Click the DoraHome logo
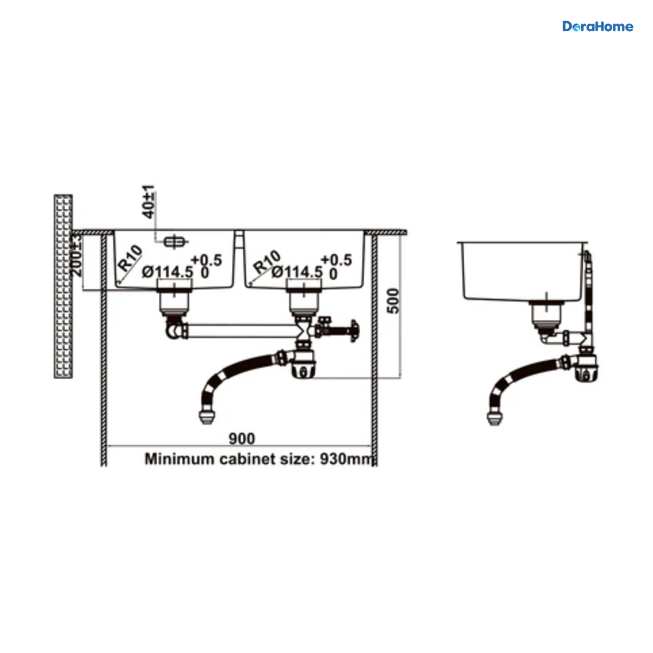tap(597, 27)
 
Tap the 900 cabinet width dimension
tap(242, 439)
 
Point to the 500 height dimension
tap(393, 301)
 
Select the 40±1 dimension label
tap(149, 202)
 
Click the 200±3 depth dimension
tap(77, 255)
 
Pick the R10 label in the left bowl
tap(130, 258)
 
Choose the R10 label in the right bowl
tap(267, 262)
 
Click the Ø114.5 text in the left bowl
tap(168, 272)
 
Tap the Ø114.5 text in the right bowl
tap(297, 272)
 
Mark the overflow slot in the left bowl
tap(175, 242)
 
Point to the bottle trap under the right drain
tap(304, 364)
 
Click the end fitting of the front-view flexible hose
tap(206, 417)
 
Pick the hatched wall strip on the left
tap(63, 286)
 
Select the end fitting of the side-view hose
tap(495, 418)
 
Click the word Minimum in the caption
tap(180, 459)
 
